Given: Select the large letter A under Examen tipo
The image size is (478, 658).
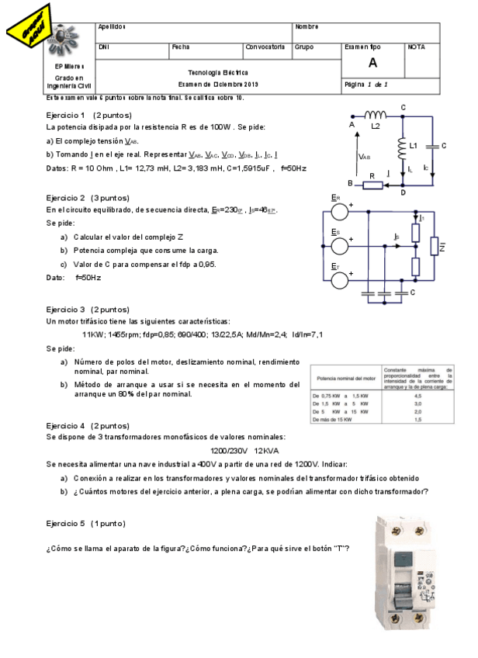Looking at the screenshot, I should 373,64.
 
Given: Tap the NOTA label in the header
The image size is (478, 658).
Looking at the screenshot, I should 416,47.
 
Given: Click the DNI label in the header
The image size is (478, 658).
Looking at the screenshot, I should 104,47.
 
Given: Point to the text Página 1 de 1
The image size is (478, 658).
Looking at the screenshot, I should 366,84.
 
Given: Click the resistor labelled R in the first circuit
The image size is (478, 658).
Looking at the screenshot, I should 372,184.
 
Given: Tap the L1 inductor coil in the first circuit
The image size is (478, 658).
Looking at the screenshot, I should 403,146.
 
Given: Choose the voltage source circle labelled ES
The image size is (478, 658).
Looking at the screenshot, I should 338,245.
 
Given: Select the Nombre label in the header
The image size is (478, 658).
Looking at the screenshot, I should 307,27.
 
